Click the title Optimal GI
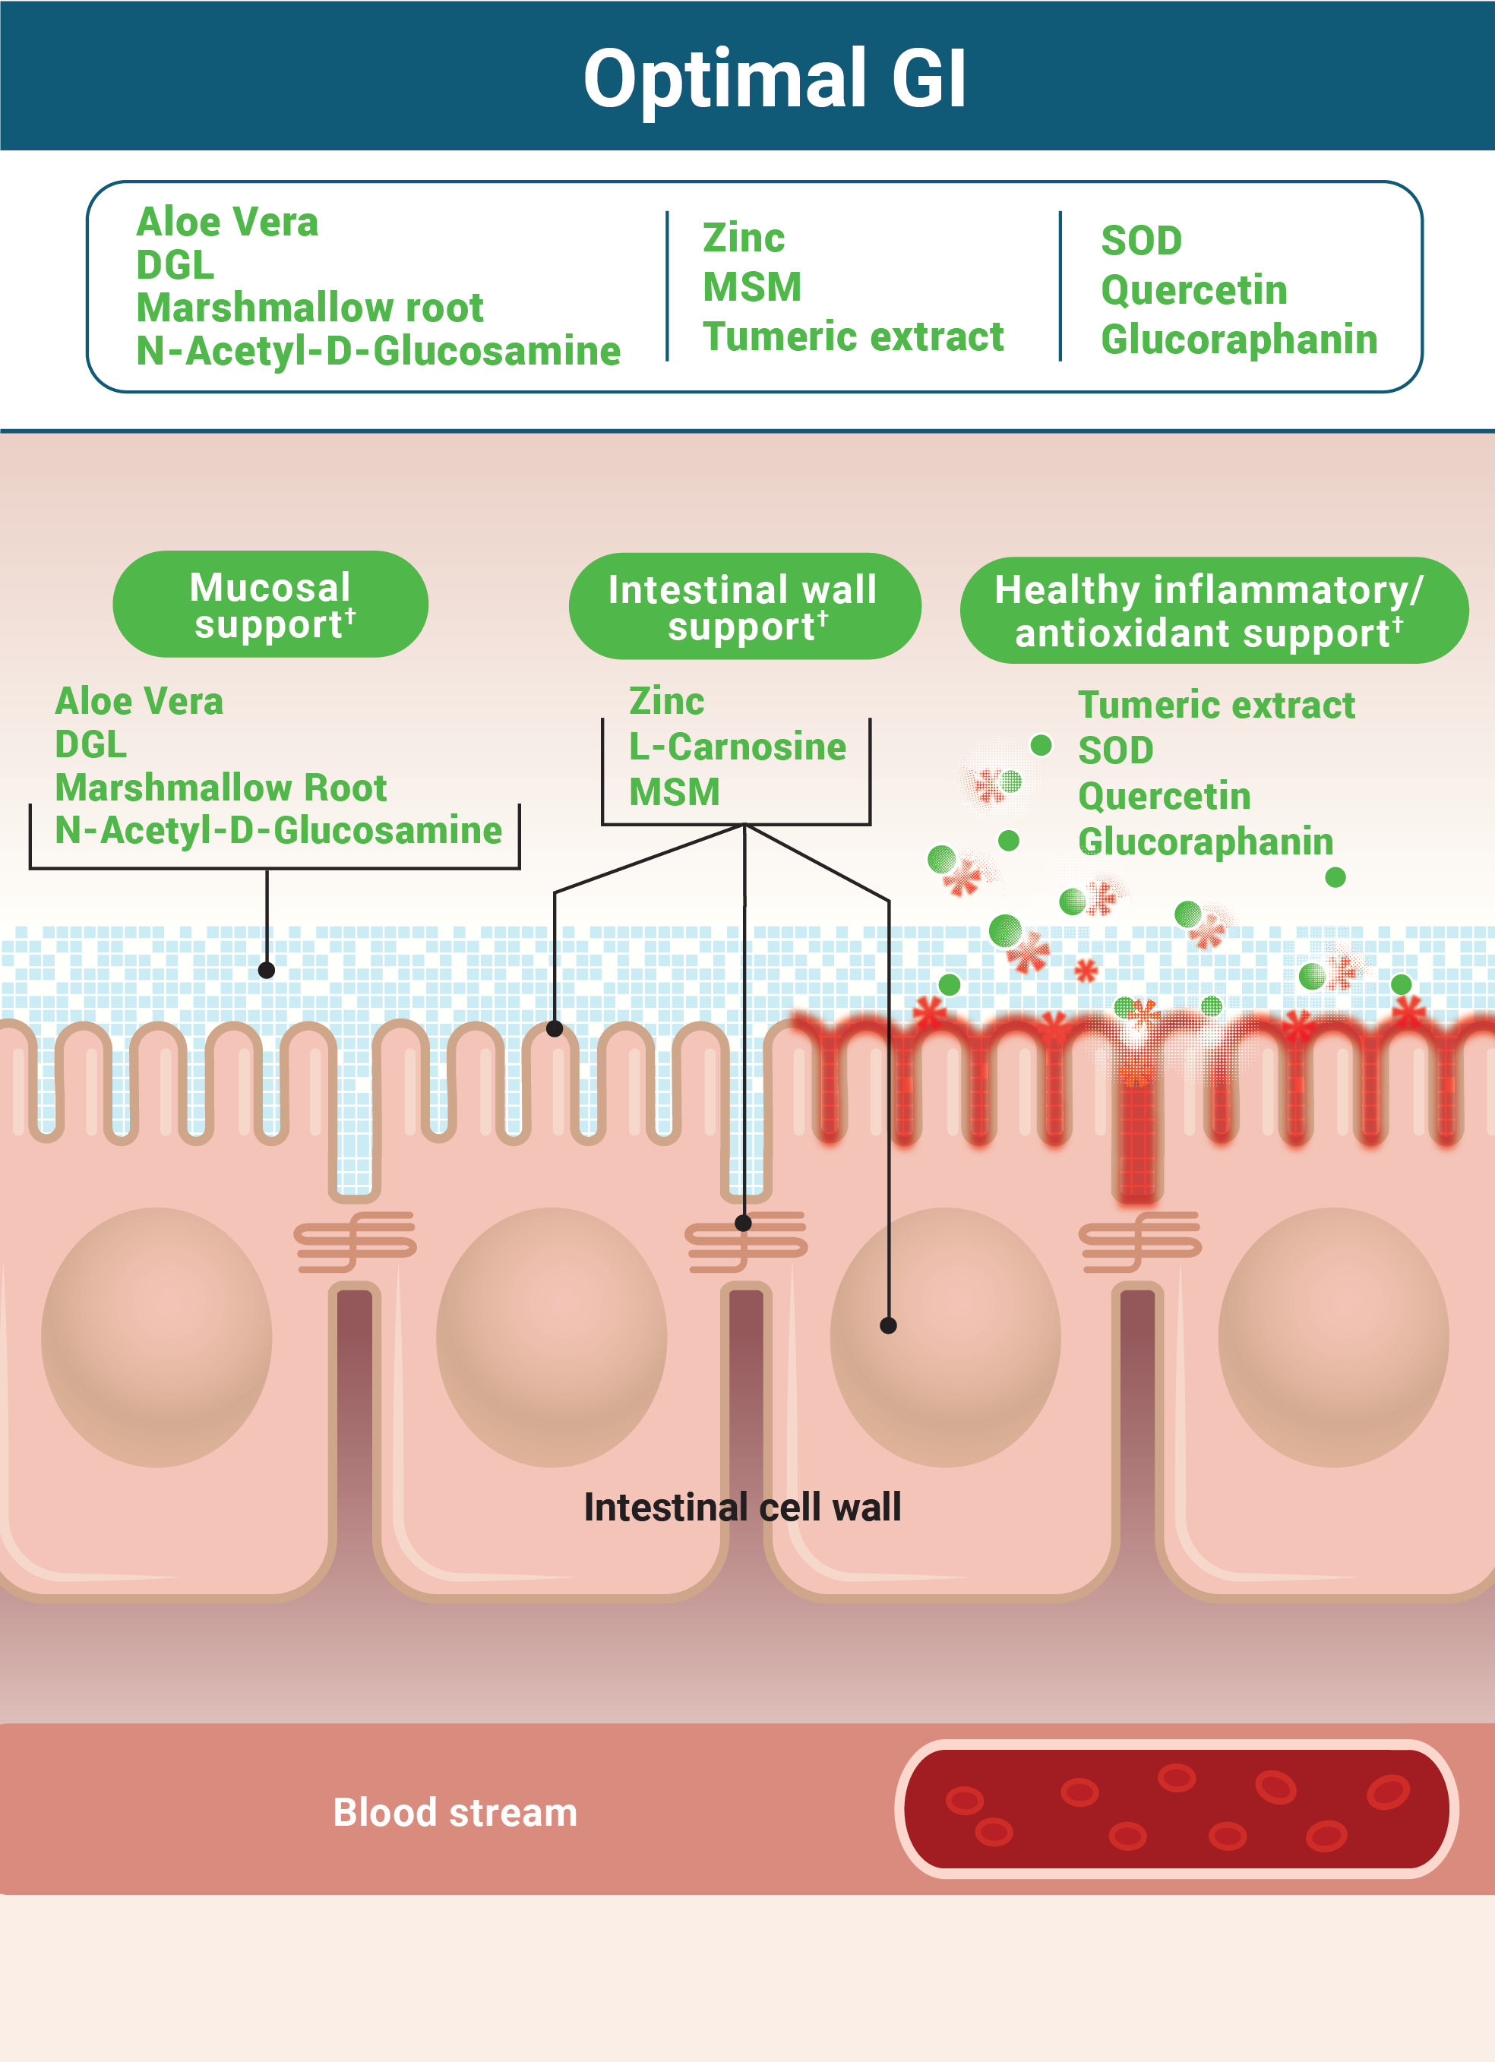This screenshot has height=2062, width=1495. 774,79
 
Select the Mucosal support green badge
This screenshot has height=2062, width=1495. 270,605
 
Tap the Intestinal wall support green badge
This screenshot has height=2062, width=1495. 744,606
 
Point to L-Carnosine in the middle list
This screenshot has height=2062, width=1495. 737,747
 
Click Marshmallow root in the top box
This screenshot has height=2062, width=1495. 309,308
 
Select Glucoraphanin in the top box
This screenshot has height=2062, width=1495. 1238,339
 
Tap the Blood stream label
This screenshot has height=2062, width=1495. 455,1812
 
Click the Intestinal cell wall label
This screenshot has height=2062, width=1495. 742,1508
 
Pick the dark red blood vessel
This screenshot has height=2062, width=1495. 1177,1808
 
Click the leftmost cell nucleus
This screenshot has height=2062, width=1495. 156,1337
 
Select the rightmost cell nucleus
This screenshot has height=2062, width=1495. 1333,1337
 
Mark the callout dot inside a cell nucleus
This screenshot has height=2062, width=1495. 889,1325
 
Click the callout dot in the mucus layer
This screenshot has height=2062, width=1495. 267,970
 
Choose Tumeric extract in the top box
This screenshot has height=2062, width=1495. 852,336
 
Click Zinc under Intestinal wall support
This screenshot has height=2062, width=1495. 666,702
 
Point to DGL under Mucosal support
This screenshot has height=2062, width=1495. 91,744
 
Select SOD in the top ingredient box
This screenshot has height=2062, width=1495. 1141,241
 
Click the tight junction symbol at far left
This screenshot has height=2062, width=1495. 355,1240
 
